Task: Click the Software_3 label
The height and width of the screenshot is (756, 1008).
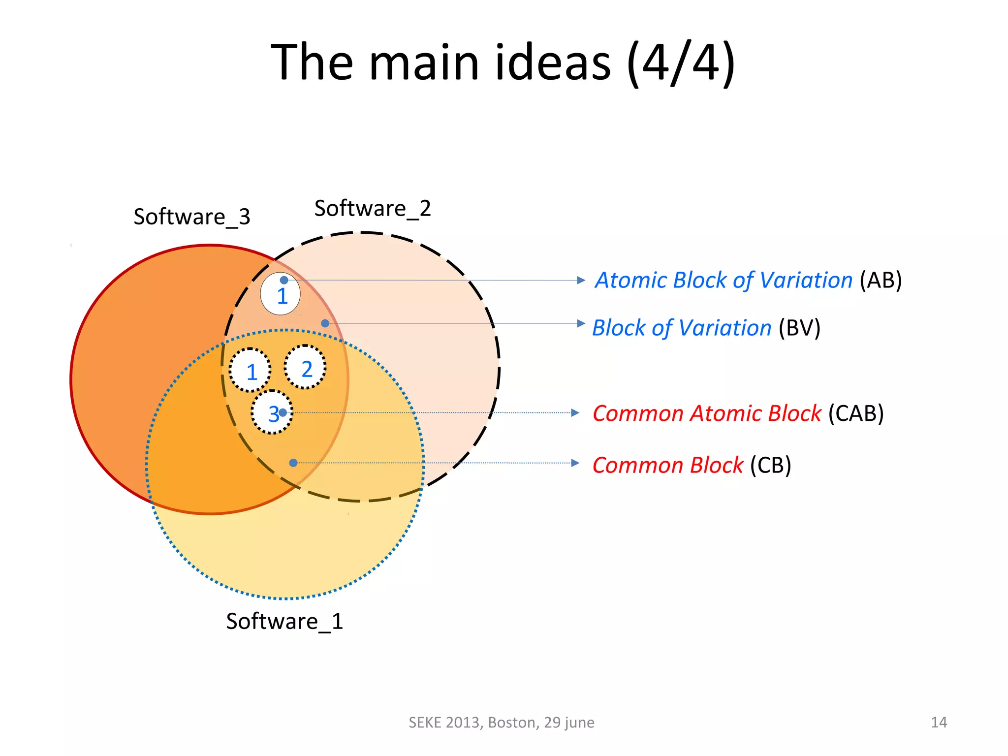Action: point(192,217)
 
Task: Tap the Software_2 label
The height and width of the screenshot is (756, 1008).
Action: point(373,209)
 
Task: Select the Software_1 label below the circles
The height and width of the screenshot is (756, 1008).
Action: point(284,621)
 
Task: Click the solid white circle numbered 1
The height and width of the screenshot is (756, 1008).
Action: point(280,294)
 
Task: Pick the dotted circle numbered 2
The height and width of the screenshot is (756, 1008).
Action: point(306,367)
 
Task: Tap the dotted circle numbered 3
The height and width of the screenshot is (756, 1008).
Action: point(272,412)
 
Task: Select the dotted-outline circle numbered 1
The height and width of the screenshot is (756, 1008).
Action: point(250,371)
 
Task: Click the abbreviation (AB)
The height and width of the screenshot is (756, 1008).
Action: point(881,280)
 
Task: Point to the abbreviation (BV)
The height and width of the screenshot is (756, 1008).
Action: point(799,328)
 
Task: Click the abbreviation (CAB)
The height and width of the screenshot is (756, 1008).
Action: point(856,413)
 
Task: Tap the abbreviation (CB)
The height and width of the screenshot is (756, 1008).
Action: point(770,465)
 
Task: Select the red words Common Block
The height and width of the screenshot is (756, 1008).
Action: point(667,465)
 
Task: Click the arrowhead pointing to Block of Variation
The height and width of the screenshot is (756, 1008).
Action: point(581,323)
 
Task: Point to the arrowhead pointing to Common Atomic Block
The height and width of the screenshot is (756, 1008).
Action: point(575,413)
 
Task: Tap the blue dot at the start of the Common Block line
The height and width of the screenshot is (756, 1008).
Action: point(293,463)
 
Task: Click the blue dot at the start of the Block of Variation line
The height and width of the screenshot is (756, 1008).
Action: point(325,323)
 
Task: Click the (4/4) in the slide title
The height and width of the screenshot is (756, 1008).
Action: point(681,63)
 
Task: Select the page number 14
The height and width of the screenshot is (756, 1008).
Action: point(939,722)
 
